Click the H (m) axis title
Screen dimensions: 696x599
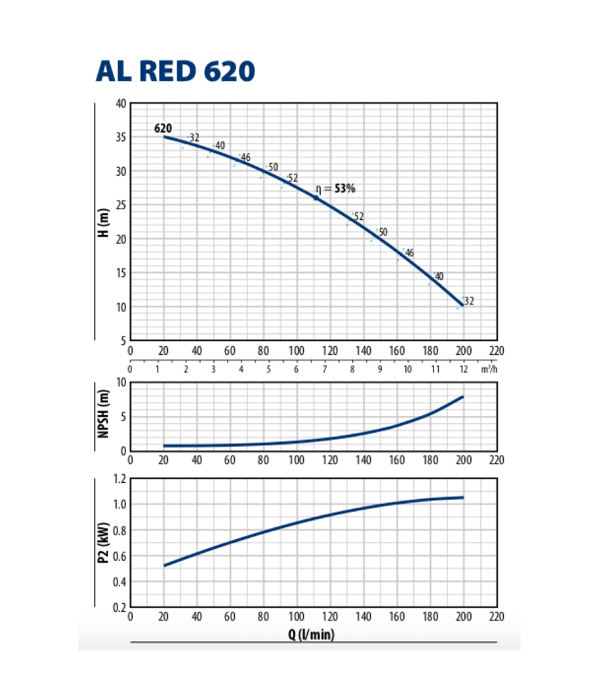tap(104, 223)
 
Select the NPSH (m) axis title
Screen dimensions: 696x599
tap(104, 414)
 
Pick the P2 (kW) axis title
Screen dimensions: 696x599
tap(104, 543)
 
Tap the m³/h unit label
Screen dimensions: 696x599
tap(489, 369)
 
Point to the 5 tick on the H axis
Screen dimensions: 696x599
tap(123, 341)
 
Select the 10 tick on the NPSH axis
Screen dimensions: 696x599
tap(121, 383)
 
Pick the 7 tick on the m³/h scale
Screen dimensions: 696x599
tap(325, 369)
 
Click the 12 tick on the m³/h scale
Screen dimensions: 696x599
tap(464, 369)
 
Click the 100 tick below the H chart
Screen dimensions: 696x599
tap(297, 351)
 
